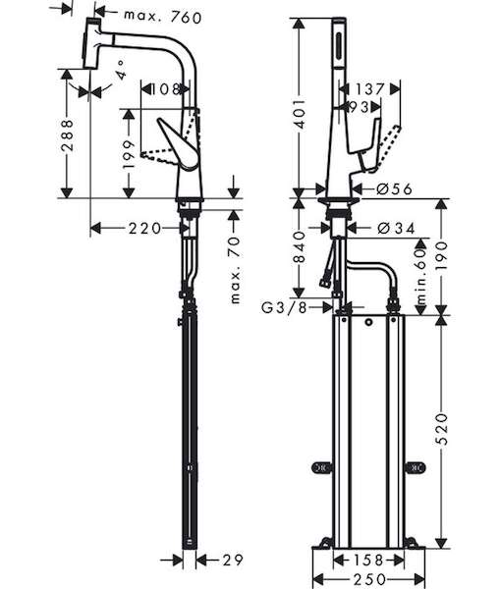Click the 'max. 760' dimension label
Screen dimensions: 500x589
163,17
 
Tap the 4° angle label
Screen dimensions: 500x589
121,70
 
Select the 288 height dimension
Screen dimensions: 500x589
67,135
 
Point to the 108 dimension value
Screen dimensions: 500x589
165,89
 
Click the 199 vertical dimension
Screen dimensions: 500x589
129,154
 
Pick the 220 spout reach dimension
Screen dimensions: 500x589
144,229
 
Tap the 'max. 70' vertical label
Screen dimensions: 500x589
235,270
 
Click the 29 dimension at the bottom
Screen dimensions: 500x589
233,561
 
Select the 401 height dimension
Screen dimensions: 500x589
300,114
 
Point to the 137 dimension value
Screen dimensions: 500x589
370,89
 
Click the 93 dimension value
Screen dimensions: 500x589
360,107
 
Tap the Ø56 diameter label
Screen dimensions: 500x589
394,188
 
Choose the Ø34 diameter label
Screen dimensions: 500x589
396,228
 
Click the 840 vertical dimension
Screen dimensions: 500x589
300,247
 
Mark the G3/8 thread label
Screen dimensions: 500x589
284,307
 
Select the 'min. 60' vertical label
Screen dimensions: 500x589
421,276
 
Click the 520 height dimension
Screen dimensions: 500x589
442,429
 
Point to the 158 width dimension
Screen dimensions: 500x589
368,561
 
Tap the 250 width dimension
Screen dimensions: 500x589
369,579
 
